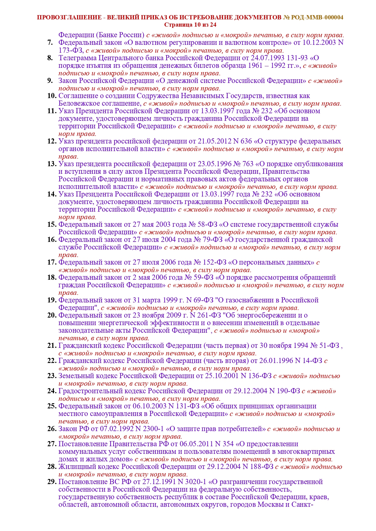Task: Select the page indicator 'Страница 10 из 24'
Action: pos(190,25)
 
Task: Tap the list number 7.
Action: pos(50,43)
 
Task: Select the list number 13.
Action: pos(52,164)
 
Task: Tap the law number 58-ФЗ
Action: pos(207,225)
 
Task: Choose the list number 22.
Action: pos(52,361)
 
